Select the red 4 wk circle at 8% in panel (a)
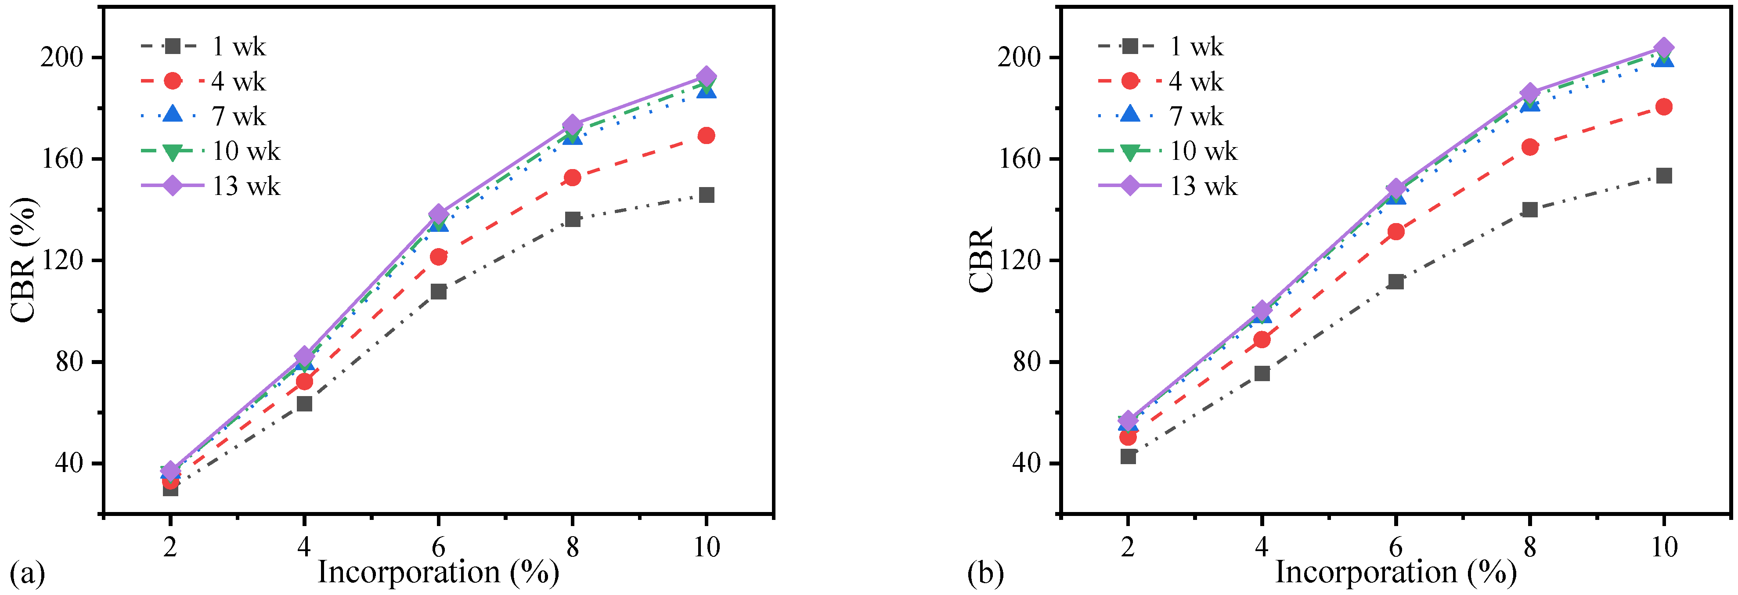tap(572, 177)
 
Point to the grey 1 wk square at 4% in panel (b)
tap(1262, 373)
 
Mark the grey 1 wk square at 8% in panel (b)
tap(1529, 209)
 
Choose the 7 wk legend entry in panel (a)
tap(203, 116)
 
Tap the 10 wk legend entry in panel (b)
tap(1167, 151)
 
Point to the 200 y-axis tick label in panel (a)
tap(62, 58)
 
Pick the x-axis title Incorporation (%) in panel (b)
tap(1395, 572)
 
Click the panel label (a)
tap(27, 573)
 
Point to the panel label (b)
tap(985, 573)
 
